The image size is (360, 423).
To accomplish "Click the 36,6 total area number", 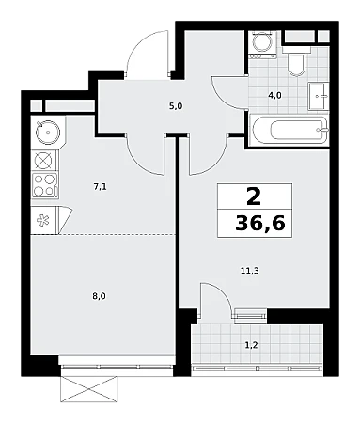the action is click(x=260, y=224).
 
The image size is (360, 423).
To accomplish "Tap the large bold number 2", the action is click(x=254, y=196).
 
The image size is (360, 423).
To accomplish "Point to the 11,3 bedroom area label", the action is click(x=250, y=271).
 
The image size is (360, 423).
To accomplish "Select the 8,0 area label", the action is click(x=99, y=296).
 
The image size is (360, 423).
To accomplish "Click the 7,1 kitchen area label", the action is click(x=101, y=187).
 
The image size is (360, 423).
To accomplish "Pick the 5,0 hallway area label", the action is click(x=176, y=106).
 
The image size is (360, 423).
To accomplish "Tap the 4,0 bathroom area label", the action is click(x=274, y=95).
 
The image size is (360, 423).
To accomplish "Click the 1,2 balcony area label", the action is click(x=251, y=345).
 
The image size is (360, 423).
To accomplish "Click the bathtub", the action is click(x=289, y=130).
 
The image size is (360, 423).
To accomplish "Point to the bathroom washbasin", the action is click(x=319, y=96).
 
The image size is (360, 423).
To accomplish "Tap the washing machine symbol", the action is click(x=262, y=43).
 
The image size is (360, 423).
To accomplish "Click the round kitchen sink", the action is click(x=48, y=133).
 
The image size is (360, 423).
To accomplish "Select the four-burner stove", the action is click(x=45, y=185).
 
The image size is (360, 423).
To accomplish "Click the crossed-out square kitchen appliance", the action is click(x=44, y=161).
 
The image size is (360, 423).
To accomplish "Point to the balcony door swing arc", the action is click(x=223, y=292).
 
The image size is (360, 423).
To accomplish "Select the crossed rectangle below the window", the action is click(x=89, y=389).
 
